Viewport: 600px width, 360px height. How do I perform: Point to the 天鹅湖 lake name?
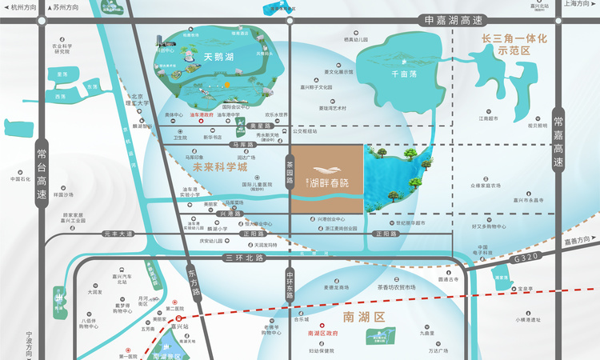click(x=218, y=57)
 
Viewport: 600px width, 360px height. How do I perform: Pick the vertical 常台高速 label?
click(x=42, y=171)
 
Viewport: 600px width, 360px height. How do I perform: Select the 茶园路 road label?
click(x=290, y=170)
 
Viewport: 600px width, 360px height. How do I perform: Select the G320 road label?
click(x=526, y=259)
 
